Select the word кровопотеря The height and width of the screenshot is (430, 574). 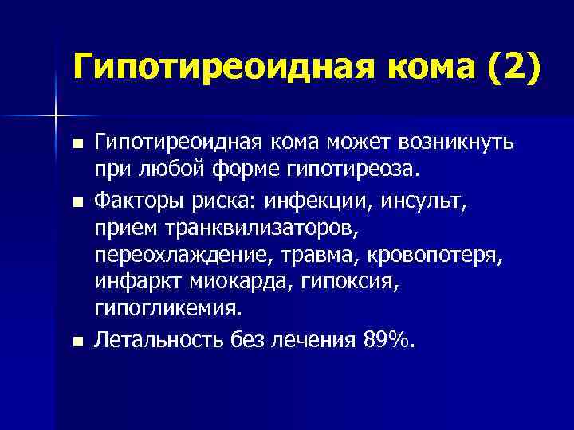[x=419, y=257]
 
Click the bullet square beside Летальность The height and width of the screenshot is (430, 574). [x=77, y=342]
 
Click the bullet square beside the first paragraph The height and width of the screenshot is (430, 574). [x=77, y=143]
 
